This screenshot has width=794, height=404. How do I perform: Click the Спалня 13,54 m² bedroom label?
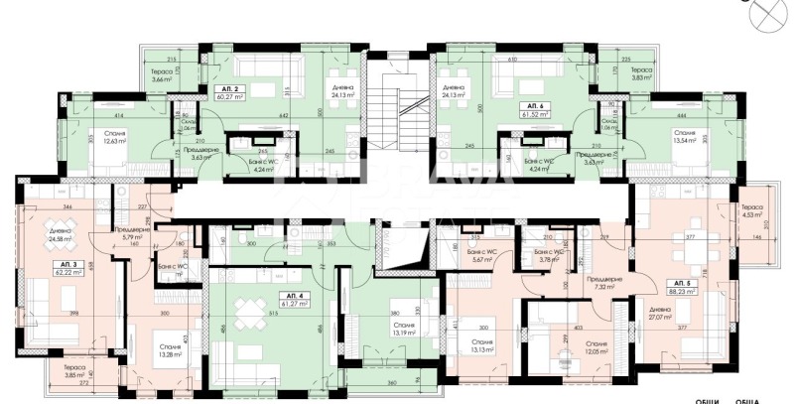click(685, 136)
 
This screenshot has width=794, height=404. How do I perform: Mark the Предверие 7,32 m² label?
click(602, 283)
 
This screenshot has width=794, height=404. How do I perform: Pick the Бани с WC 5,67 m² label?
click(488, 257)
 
